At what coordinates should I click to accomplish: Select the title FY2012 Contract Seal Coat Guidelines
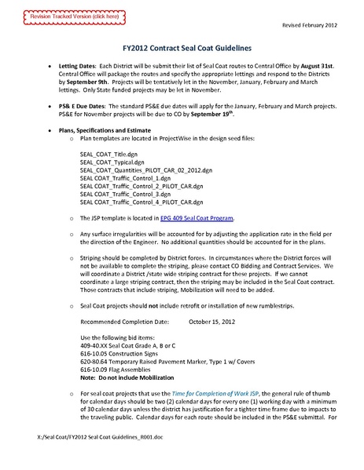(181, 46)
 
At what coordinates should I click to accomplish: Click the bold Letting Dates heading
(78, 67)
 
